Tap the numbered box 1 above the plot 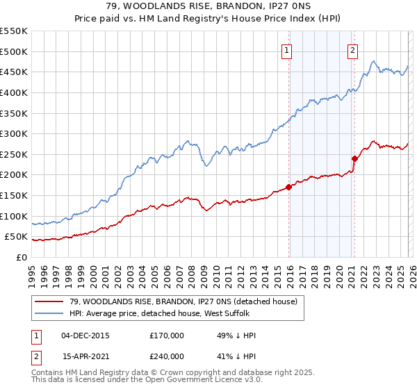[x=287, y=49]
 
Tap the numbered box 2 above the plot [x=352, y=49]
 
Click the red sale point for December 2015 [x=289, y=187]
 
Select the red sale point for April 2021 [x=354, y=158]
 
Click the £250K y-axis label [x=13, y=155]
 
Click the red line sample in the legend [x=49, y=301]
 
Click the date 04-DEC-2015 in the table [x=85, y=336]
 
